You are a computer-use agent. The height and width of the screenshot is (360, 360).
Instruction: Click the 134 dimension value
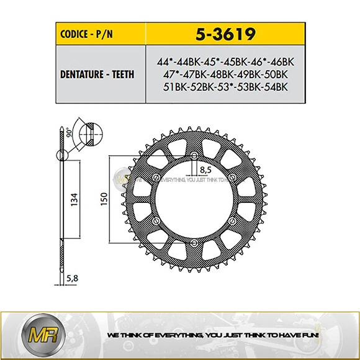click(74, 199)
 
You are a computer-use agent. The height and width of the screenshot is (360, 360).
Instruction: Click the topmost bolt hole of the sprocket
click(194, 155)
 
